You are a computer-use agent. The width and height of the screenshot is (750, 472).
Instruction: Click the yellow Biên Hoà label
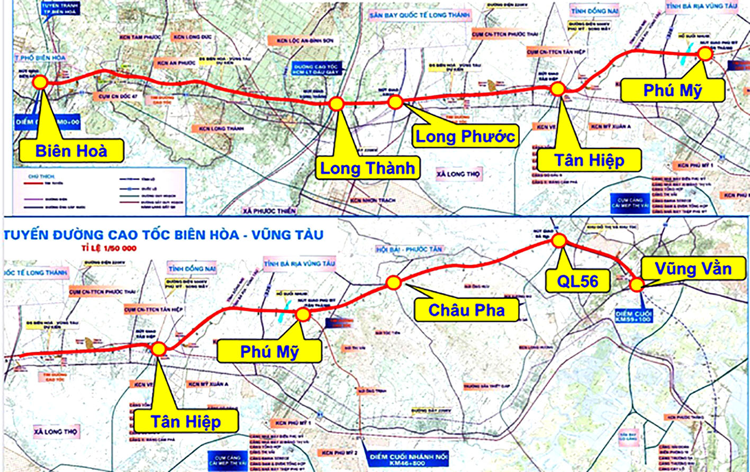(71, 151)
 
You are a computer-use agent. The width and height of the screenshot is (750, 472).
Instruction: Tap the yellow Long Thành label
(367, 168)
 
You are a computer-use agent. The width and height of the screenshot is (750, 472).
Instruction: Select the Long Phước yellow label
(465, 137)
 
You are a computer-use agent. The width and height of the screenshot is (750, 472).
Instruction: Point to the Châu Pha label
(466, 310)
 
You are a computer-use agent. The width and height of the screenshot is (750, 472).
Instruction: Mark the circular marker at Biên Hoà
(40, 82)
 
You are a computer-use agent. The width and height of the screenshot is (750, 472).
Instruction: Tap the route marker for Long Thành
(337, 104)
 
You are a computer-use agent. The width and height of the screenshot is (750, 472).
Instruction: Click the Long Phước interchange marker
(395, 102)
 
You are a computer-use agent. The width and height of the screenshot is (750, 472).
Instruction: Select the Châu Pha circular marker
(393, 283)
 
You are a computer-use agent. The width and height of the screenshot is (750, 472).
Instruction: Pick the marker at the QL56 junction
(559, 241)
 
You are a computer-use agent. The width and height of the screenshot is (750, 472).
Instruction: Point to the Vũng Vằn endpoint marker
(636, 285)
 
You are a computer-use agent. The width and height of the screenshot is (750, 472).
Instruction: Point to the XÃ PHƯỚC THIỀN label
(269, 211)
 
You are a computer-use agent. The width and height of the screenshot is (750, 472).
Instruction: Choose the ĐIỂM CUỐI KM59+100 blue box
(634, 316)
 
